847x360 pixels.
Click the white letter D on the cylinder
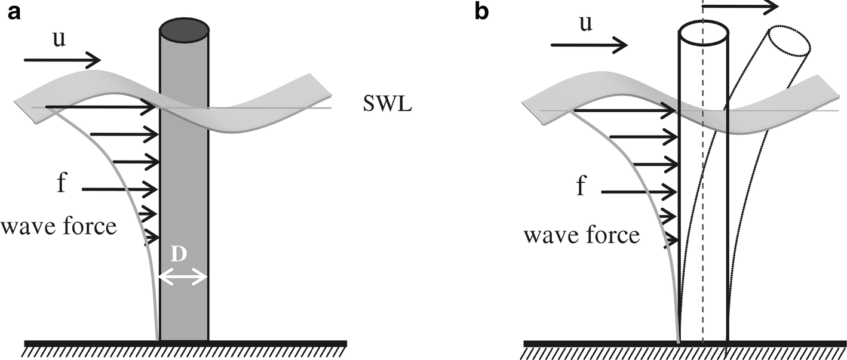182,255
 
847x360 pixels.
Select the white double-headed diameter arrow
183,277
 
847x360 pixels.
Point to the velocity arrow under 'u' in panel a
63,59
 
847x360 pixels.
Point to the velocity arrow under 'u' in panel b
589,45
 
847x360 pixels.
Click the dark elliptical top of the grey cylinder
185,29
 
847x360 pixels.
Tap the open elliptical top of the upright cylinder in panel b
704,34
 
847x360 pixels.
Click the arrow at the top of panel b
741,6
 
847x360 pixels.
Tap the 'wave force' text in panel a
58,227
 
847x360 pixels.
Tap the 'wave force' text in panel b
582,235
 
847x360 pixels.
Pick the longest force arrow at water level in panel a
102,107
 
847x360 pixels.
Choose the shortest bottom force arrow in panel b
672,241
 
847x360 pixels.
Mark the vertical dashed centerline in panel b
703,179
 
